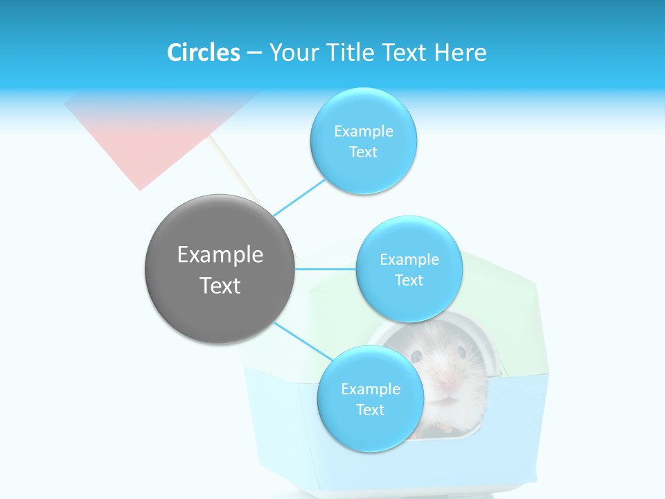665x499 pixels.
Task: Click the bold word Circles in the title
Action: [203, 53]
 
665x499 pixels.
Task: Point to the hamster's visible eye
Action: [417, 356]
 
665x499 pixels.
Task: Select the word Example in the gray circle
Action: [220, 255]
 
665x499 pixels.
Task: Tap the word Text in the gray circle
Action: [220, 286]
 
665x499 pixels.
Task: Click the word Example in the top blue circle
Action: [364, 131]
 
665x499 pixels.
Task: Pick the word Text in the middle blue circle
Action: [409, 280]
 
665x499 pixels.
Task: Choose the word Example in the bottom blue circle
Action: [370, 389]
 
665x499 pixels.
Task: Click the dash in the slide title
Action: [254, 53]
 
